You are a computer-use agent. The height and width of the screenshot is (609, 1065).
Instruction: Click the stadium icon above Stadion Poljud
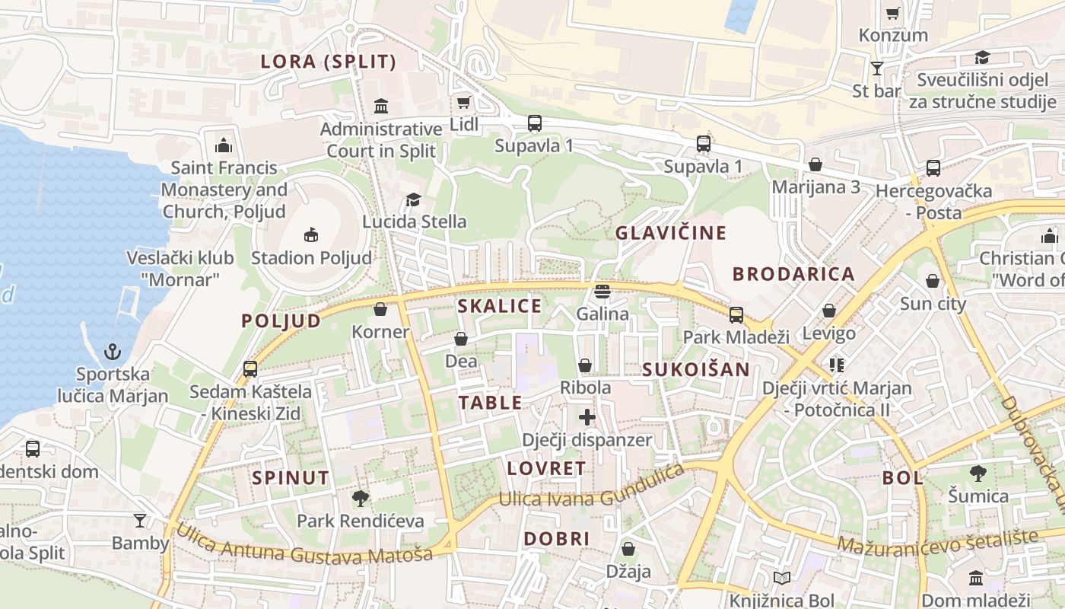coord(310,235)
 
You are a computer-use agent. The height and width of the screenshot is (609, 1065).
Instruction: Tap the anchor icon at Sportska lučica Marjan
coord(113,352)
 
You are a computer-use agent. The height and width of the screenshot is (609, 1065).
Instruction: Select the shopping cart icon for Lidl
coord(463,102)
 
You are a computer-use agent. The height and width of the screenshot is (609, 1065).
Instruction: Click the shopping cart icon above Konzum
coord(893,12)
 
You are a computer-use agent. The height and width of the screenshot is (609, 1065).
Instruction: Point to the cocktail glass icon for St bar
coord(876,69)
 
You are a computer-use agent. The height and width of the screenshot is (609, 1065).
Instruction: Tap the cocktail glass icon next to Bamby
coord(140,521)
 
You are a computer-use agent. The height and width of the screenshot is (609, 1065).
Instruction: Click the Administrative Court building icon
coord(381,106)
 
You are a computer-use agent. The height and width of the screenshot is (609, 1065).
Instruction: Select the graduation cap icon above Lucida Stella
coord(413,199)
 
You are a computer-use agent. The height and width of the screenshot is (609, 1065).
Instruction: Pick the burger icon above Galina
coord(602,291)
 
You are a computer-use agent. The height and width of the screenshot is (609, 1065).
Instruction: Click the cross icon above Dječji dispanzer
coord(587,417)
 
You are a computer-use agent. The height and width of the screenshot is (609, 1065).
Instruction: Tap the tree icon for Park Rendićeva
coord(360,499)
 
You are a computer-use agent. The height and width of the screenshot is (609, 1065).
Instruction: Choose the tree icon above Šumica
coord(978,473)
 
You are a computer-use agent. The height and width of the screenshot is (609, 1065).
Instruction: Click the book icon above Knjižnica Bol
coord(781,579)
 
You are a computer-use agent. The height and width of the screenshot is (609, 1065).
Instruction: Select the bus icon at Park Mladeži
coord(736,314)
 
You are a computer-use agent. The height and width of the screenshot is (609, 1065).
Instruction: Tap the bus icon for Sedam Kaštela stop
coord(250,369)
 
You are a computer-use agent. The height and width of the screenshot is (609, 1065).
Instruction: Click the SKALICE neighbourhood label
coord(500,306)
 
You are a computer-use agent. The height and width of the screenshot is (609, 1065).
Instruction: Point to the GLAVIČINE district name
coord(671,233)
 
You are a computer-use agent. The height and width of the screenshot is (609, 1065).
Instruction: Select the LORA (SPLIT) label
coord(329,62)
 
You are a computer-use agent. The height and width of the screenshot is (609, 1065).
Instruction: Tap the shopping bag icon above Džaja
coord(628,549)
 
